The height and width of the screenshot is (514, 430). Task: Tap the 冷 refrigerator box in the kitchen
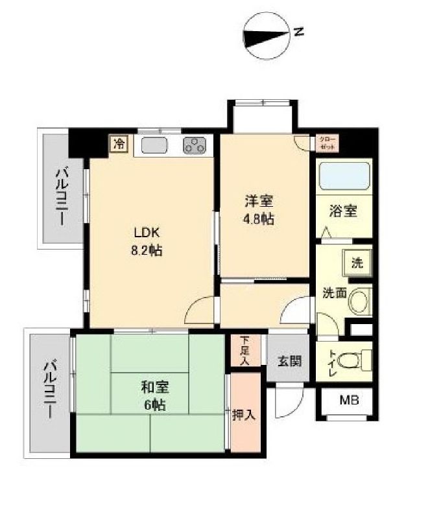119,143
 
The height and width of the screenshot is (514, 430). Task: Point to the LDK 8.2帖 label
147,240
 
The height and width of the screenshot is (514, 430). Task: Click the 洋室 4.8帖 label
259,210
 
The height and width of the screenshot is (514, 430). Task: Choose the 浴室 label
343,211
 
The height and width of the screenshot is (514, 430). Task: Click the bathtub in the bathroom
344,175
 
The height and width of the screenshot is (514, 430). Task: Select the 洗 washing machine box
357,264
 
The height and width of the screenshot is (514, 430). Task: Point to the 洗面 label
335,293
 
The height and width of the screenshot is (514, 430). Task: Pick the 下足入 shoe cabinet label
244,350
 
